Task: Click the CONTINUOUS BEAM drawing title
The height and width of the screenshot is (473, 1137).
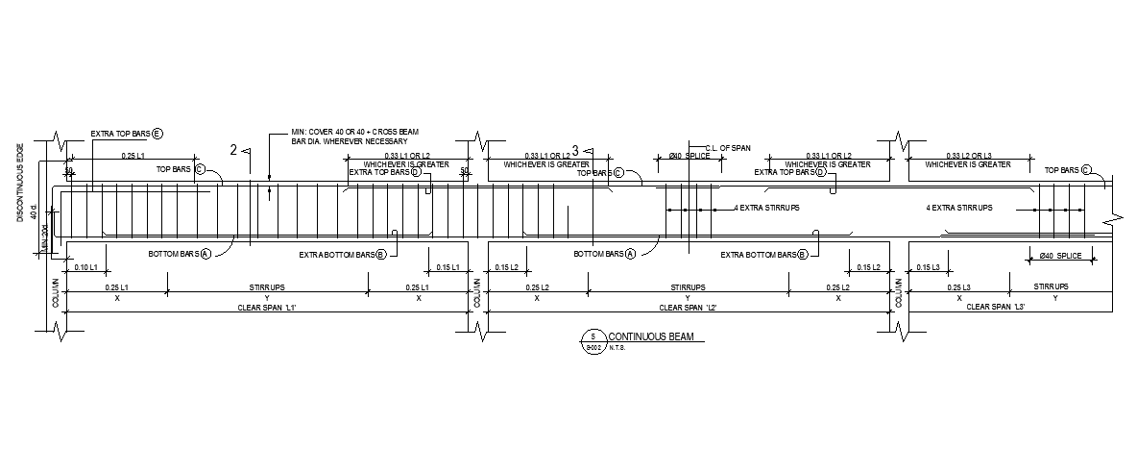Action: [x=651, y=336]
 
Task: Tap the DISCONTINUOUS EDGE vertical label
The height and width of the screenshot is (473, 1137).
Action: [x=19, y=184]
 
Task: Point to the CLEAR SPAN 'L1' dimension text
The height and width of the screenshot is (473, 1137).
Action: [x=267, y=307]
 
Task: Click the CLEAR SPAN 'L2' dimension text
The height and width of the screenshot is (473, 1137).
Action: [x=688, y=307]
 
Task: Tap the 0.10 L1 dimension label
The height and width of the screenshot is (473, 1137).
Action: [x=86, y=266]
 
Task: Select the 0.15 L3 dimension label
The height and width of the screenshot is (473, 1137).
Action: [x=928, y=266]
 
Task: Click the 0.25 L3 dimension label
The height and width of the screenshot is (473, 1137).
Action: [x=959, y=287]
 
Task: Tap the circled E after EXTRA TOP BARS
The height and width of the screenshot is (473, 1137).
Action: [x=157, y=134]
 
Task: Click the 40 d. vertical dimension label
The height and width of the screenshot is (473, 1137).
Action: [x=34, y=212]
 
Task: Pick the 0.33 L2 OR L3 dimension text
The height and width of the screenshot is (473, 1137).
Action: [x=968, y=156]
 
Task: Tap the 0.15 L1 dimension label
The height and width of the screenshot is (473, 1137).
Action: [x=448, y=266]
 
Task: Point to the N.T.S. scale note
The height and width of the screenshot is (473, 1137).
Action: [x=617, y=348]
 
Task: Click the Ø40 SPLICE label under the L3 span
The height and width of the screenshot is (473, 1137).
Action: [x=1060, y=255]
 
